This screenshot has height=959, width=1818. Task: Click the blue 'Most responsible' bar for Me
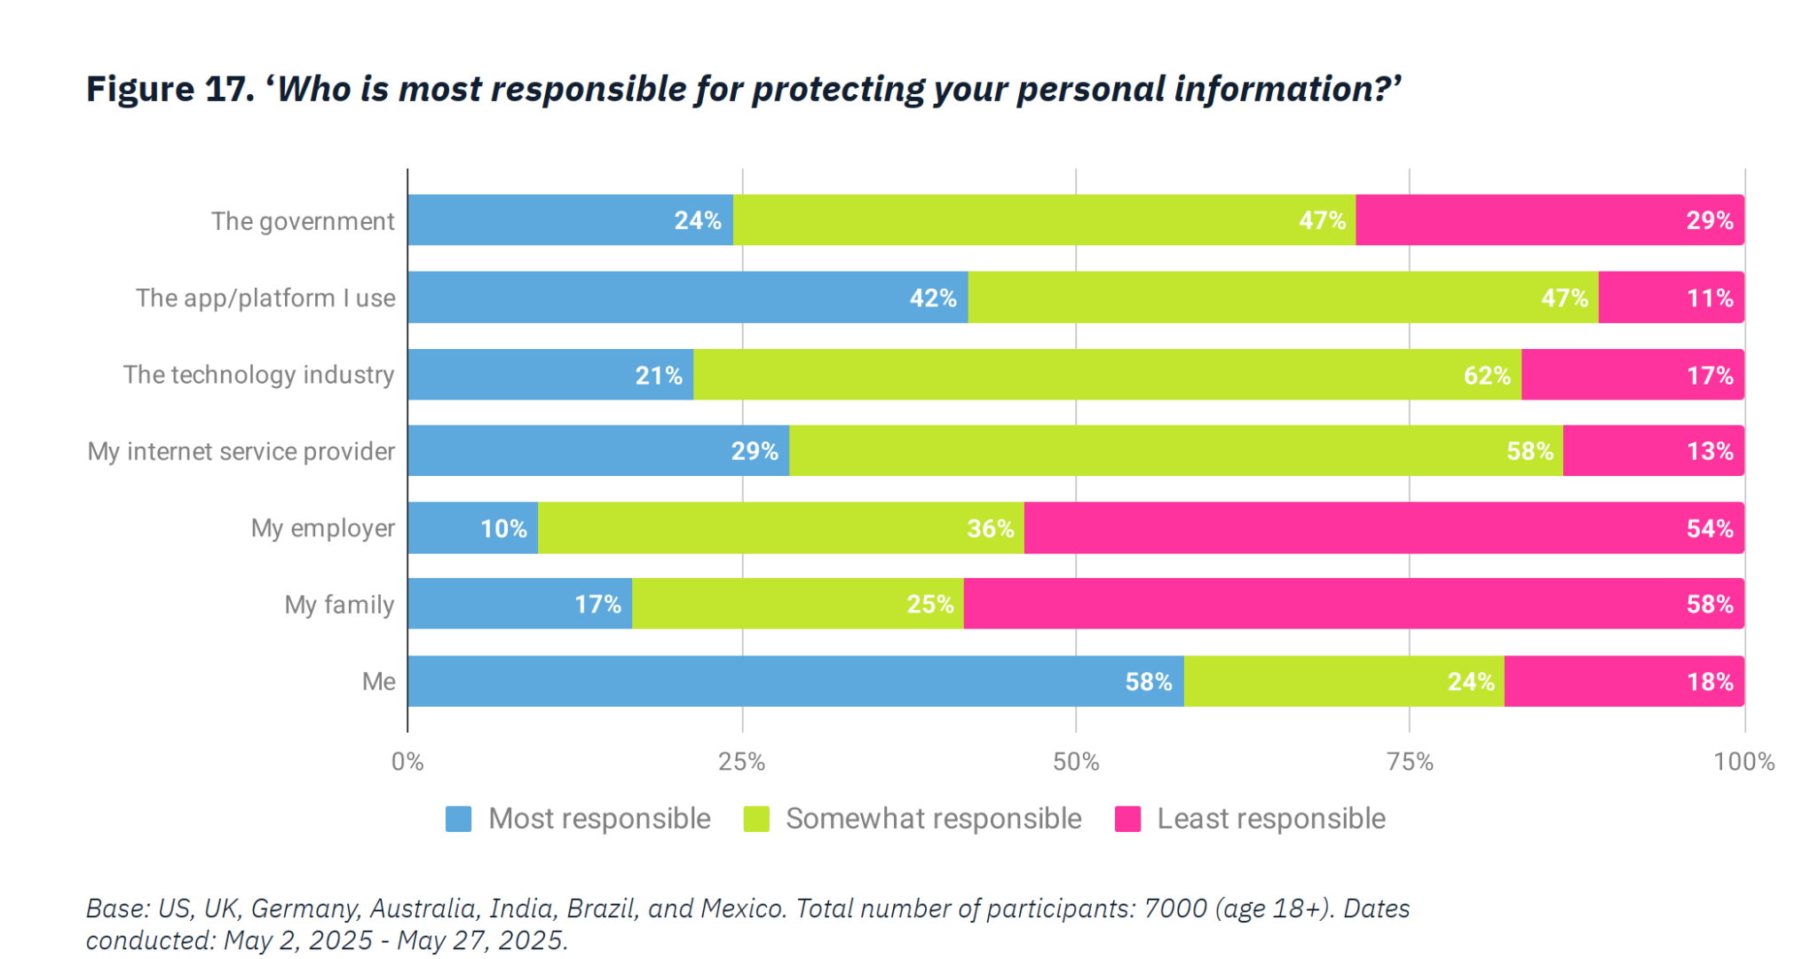[795, 681]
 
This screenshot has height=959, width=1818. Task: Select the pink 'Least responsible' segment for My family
[1354, 604]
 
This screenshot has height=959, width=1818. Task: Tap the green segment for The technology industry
[1107, 375]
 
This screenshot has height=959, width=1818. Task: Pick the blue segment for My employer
[472, 528]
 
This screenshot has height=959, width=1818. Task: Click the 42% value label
[933, 298]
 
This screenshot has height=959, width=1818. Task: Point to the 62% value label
[1487, 376]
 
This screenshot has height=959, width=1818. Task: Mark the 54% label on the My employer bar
[1710, 529]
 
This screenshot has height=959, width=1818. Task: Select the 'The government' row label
[303, 221]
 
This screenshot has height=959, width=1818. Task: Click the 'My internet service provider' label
[241, 451]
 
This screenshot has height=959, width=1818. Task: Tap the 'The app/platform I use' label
[265, 298]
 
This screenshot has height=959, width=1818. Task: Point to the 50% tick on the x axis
[1076, 762]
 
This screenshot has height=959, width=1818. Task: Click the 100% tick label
[1743, 762]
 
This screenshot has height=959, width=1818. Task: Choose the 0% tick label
[407, 762]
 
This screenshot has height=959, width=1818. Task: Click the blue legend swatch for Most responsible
[458, 819]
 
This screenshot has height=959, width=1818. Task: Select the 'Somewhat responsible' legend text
[933, 819]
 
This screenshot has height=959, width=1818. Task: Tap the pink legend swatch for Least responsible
[1127, 819]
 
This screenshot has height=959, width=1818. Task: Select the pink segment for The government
[1550, 220]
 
